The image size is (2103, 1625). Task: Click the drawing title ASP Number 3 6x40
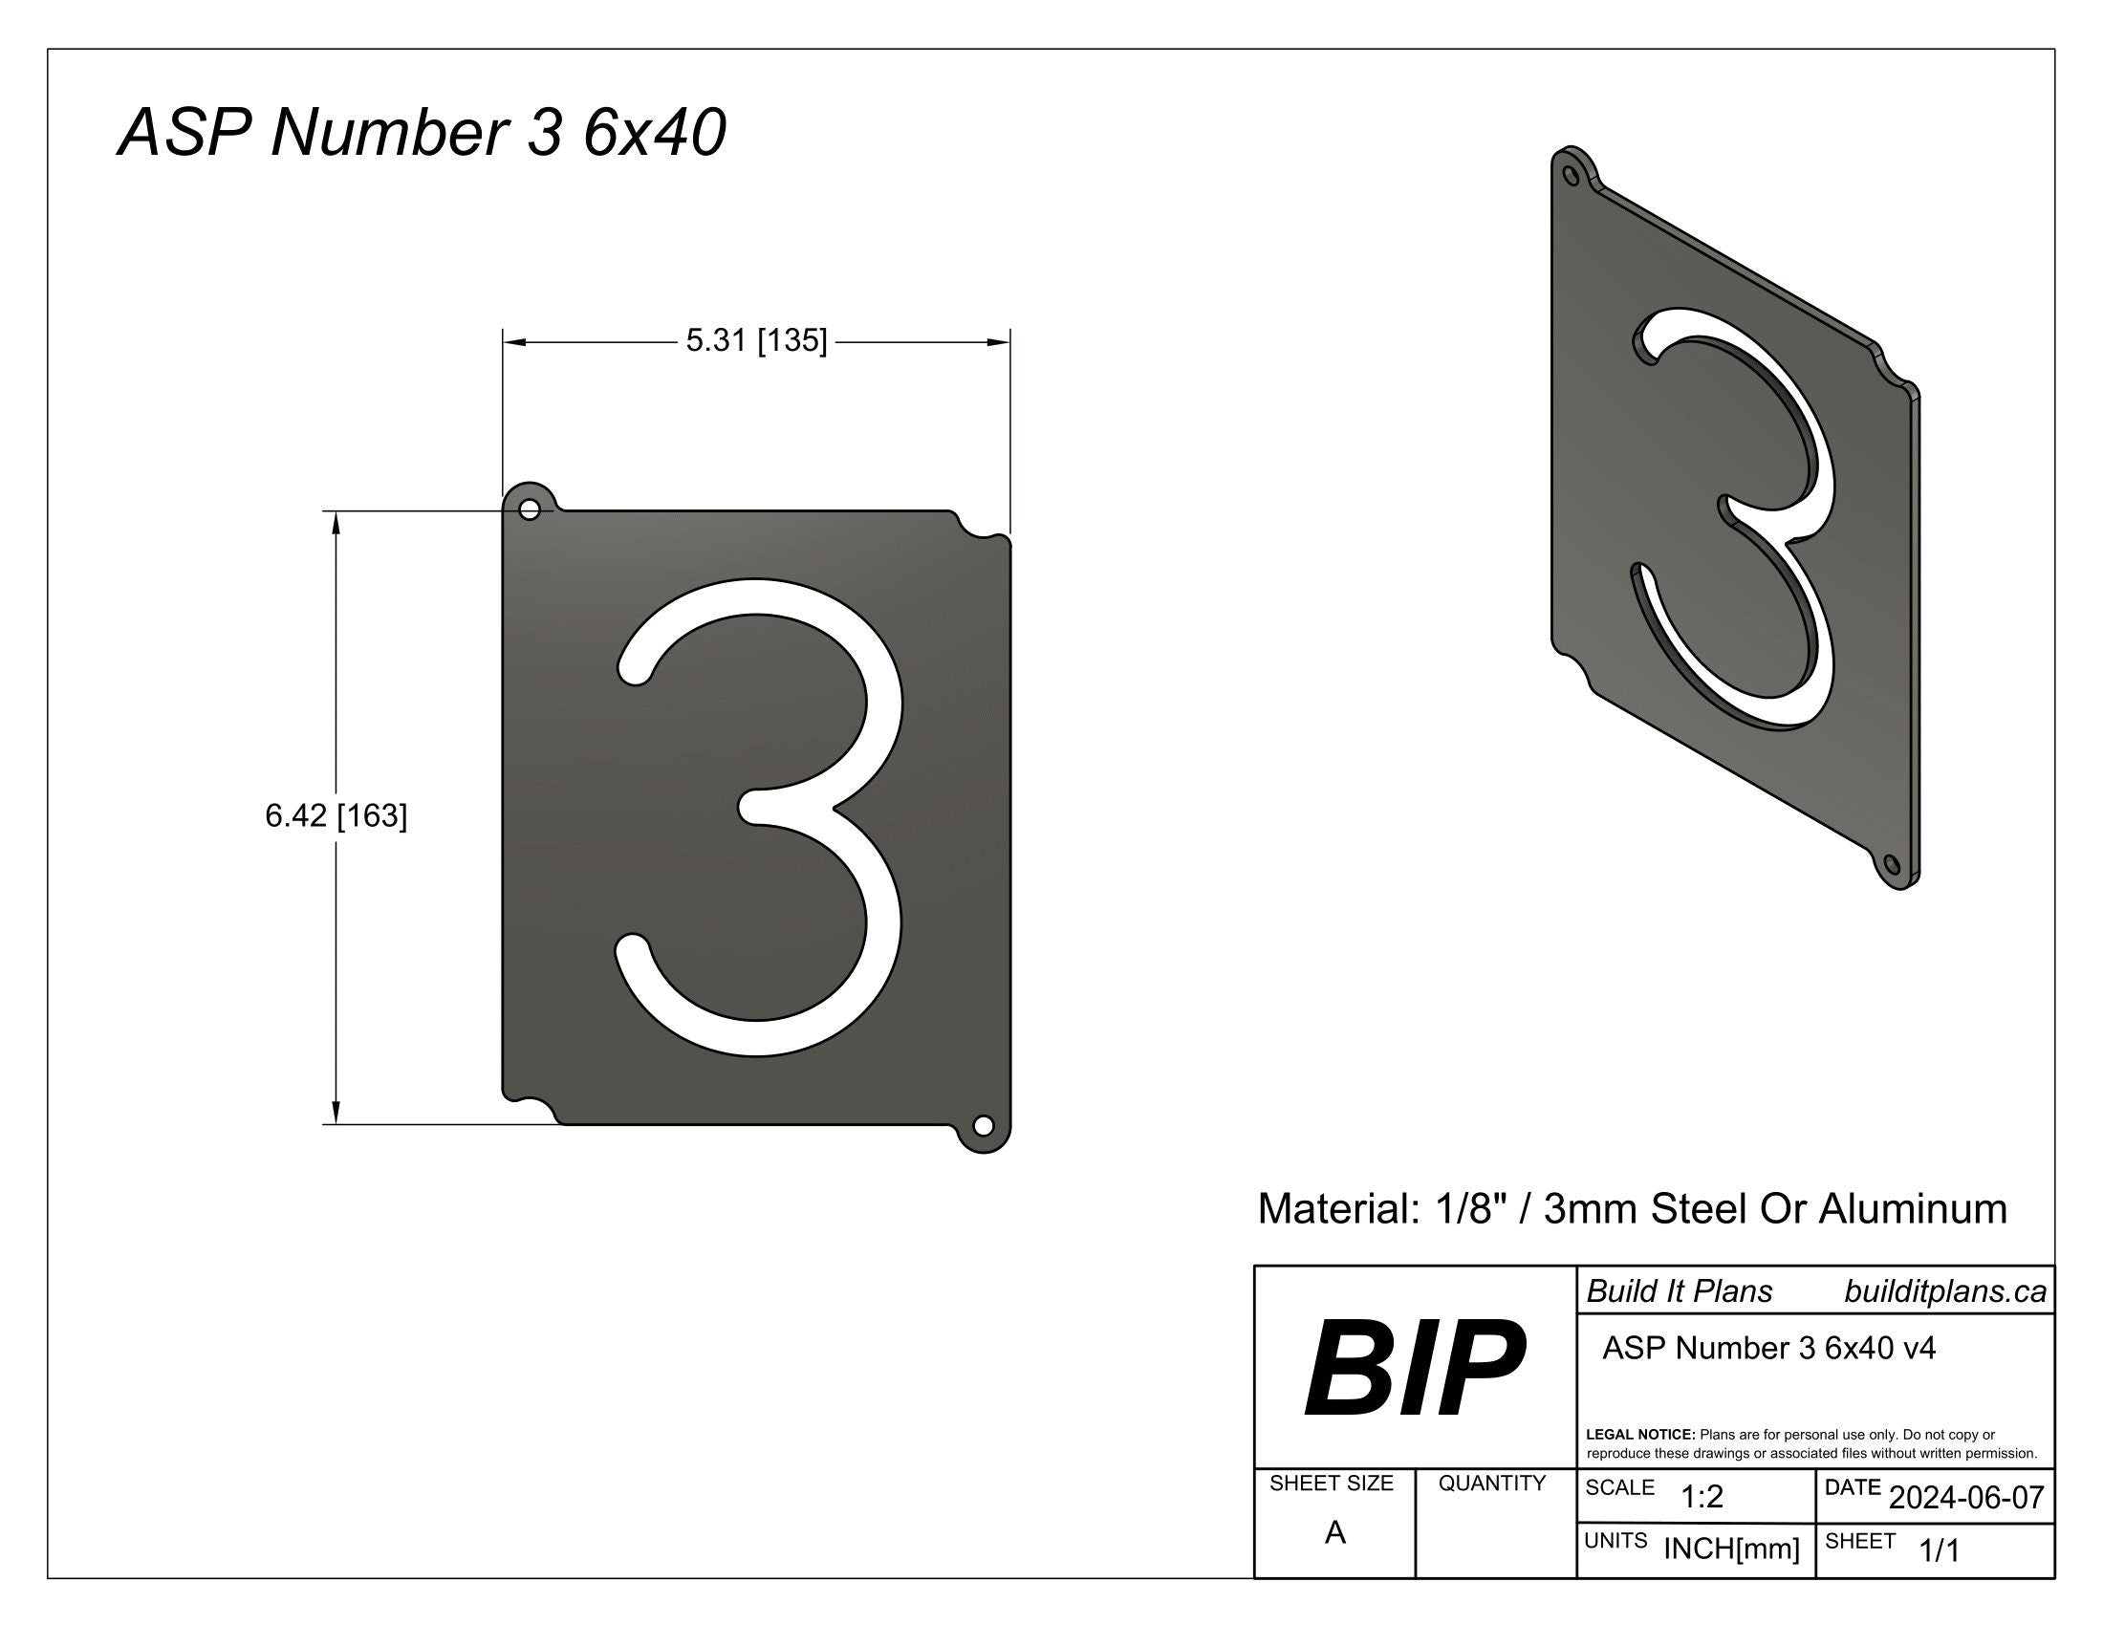coord(421,133)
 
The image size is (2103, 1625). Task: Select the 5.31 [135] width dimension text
coord(756,341)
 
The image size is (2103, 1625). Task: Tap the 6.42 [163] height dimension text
coord(336,816)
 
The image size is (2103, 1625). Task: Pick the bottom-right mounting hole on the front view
coord(982,1125)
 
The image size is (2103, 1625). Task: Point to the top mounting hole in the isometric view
coord(1571,176)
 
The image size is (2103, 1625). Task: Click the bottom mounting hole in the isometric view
coord(1889,862)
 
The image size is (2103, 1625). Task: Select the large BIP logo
coord(1414,1369)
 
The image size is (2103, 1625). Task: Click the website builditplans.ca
coord(1944,1292)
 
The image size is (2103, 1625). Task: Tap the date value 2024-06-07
coord(1966,1498)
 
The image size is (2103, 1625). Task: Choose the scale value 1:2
coord(1702,1497)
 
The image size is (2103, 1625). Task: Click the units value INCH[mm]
coord(1731,1549)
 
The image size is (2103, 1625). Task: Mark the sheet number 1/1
coord(1940,1549)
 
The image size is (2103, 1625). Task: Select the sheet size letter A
coord(1334,1532)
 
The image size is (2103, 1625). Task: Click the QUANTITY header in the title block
coord(1491,1484)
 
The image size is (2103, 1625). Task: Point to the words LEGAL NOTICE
coord(1639,1435)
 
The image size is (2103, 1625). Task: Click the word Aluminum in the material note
coord(1913,1209)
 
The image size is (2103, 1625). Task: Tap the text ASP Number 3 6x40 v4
coord(1767,1348)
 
